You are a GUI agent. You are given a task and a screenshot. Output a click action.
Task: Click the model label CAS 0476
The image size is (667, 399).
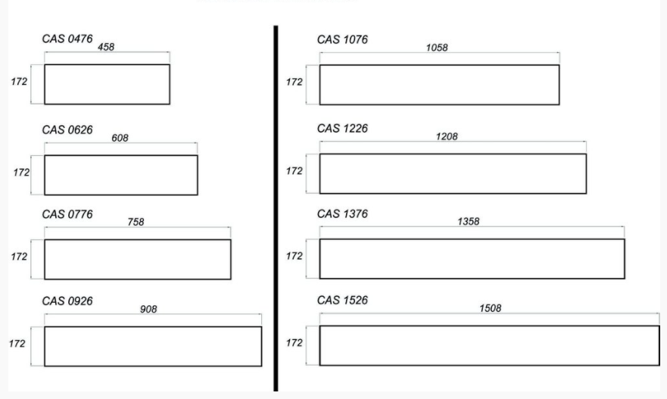[x=67, y=39]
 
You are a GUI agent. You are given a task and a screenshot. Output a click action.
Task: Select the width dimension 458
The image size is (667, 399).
[x=106, y=47]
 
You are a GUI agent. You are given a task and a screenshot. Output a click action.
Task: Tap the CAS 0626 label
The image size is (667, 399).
[x=67, y=129]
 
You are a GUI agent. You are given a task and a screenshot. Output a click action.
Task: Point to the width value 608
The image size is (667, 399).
[x=120, y=138]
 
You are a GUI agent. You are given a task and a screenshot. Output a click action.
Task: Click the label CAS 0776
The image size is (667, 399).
[x=67, y=214]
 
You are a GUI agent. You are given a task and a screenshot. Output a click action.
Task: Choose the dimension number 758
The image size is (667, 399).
[x=136, y=222]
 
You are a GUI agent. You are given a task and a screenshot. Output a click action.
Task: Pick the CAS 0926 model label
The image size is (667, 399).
[x=67, y=301]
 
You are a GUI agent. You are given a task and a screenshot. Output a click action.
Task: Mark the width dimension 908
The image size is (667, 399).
[x=148, y=309]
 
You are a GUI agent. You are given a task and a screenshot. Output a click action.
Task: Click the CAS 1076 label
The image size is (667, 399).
[x=342, y=39]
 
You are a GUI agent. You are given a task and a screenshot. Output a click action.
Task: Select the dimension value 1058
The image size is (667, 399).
[x=437, y=48]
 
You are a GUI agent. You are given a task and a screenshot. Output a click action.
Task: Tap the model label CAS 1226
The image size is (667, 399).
[x=342, y=129]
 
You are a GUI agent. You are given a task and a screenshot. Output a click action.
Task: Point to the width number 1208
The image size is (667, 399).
[x=447, y=136]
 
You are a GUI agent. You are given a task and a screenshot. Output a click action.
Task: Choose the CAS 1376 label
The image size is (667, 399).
[x=342, y=214]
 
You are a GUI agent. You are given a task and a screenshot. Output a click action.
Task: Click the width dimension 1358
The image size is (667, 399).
[x=469, y=222]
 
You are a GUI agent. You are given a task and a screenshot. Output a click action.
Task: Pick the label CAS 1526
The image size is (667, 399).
[x=342, y=301]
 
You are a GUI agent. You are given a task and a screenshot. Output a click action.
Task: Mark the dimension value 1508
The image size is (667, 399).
[x=491, y=308]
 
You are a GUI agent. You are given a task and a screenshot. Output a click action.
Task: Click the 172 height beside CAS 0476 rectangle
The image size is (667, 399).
[x=19, y=82]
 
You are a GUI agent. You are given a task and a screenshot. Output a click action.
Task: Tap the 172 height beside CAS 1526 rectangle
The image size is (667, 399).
[x=295, y=343]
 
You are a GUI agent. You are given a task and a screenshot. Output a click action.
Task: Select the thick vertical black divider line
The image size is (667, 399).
[x=276, y=208]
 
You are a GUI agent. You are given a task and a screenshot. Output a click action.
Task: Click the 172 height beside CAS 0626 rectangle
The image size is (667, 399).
[x=21, y=173]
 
